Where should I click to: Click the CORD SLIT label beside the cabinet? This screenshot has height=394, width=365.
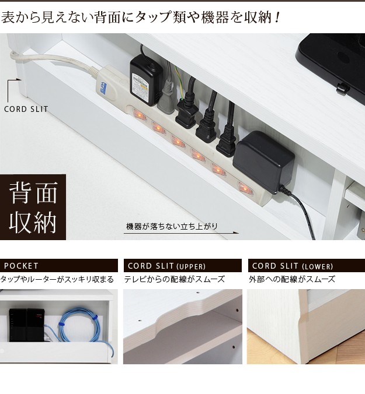tap(26, 110)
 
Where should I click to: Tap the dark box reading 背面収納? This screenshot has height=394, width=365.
tap(33, 207)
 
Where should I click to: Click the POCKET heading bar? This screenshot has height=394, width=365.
tap(59, 266)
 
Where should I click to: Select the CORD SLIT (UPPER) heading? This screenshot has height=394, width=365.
tap(182, 266)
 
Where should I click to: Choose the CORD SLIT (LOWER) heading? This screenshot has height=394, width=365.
tap(307, 266)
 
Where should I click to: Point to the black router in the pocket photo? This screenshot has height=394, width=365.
tap(27, 325)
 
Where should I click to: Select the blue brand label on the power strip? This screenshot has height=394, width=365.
tap(103, 87)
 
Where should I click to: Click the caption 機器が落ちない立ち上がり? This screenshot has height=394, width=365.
tap(172, 226)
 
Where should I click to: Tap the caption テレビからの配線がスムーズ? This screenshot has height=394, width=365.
tap(174, 279)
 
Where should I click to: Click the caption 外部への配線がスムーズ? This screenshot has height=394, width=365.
tap(292, 279)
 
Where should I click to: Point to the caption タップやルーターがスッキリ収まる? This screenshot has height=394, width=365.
tap(57, 279)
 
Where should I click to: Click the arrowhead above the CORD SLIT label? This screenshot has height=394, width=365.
tap(19, 80)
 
